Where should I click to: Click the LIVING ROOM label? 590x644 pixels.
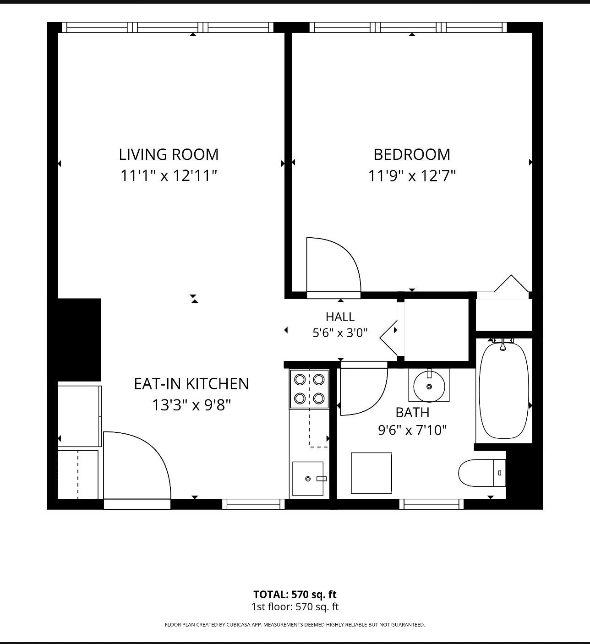169,154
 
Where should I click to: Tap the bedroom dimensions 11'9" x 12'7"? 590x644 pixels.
412,176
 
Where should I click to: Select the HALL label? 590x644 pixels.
340,317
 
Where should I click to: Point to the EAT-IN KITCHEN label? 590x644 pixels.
191,384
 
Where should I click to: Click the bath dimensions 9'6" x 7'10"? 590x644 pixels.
412,430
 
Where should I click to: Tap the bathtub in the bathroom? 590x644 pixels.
503,390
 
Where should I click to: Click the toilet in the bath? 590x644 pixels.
482,473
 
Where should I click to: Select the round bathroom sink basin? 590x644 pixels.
429,386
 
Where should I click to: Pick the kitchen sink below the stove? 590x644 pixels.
308,479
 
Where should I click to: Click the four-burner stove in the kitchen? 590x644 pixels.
309,389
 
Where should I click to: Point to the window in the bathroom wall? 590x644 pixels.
432,504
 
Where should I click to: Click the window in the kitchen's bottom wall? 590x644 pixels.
253,504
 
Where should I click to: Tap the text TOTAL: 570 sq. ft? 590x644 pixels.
295,595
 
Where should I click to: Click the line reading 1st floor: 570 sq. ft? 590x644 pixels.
295,607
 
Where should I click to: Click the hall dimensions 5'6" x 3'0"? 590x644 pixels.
340,333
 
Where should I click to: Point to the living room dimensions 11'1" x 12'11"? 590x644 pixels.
169,176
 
